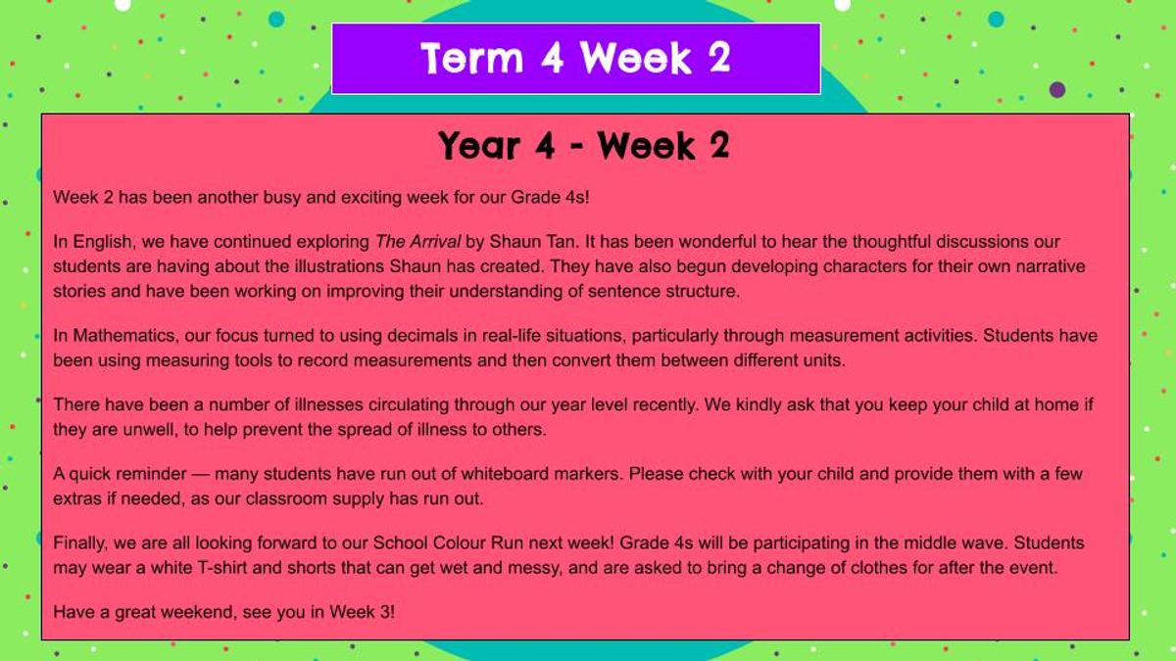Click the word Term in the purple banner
[472, 58]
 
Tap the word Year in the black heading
[479, 146]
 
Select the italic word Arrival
[435, 242]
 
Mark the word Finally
[79, 543]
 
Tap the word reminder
[151, 474]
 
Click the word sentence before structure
[624, 291]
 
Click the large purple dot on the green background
[1057, 90]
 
